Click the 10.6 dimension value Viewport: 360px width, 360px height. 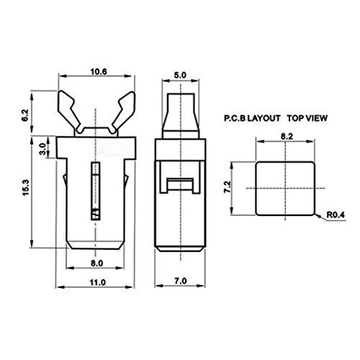pyautogui.click(x=99, y=71)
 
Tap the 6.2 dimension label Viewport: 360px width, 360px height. pyautogui.click(x=25, y=115)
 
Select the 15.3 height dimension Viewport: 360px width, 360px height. pyautogui.click(x=25, y=187)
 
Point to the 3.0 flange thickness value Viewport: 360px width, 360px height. pyautogui.click(x=42, y=149)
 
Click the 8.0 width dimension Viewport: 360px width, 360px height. pyautogui.click(x=96, y=264)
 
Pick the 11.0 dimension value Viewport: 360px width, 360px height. pyautogui.click(x=98, y=282)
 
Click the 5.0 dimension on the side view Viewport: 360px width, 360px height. pyautogui.click(x=180, y=75)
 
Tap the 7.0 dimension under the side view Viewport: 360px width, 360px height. pyautogui.click(x=180, y=281)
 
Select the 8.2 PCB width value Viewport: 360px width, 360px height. pyautogui.click(x=287, y=136)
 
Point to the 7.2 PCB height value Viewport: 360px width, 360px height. pyautogui.click(x=228, y=186)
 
